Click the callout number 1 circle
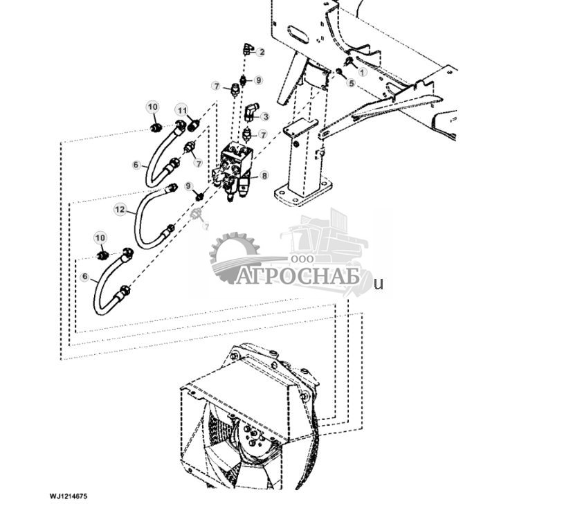(362, 72)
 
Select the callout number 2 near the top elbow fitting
(261, 52)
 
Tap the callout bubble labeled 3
(264, 117)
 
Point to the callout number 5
(351, 83)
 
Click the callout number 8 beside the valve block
(264, 177)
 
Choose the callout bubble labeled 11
(182, 111)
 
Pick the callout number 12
(120, 209)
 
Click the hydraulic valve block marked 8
(237, 168)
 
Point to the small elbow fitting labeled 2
(247, 48)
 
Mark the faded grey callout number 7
(206, 226)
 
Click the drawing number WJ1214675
(68, 496)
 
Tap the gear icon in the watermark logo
(232, 256)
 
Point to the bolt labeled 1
(349, 64)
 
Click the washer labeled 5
(339, 72)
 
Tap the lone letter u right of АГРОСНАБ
(378, 283)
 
